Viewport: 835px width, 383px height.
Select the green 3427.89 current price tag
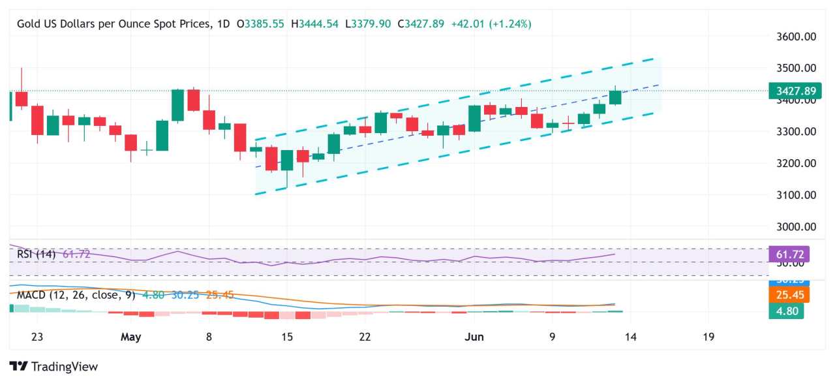[790, 91]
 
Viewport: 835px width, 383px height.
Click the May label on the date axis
[131, 337]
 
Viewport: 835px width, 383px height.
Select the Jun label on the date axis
[474, 337]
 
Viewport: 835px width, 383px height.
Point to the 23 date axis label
[37, 337]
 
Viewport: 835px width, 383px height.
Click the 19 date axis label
[708, 337]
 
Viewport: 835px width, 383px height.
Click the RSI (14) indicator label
[36, 254]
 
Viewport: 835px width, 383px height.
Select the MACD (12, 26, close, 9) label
[76, 295]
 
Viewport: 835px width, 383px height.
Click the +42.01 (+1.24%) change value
[491, 23]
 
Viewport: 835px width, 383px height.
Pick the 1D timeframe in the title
[223, 23]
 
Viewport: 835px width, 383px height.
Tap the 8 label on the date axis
[209, 337]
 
